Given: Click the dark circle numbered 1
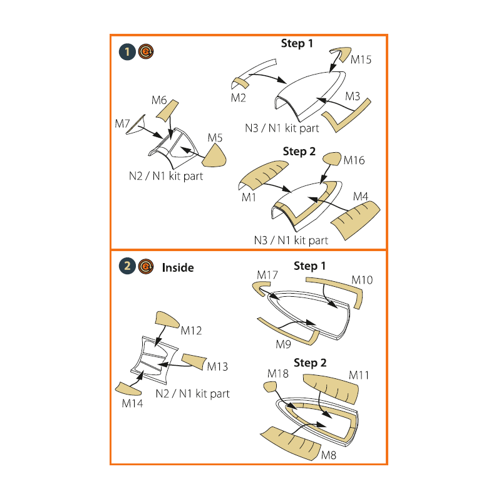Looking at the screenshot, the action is pos(127,52).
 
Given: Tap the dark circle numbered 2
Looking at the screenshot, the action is pos(127,266).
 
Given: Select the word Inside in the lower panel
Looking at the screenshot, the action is pos(178,267).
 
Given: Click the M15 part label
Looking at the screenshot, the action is pos(361,59).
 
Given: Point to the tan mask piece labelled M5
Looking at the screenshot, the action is pos(215,157).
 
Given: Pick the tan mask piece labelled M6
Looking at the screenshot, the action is pos(167,111).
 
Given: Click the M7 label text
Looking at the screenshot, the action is pos(122,123).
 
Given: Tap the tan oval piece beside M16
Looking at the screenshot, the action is pos(332,159).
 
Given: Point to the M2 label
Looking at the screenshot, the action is pos(239,98).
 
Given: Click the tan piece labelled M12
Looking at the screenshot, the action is pos(167,320).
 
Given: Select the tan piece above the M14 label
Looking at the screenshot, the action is pos(128,388).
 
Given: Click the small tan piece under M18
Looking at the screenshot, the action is pos(270,387).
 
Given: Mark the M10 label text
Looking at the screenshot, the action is pos(362,280).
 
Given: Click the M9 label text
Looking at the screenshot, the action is pos(284,344).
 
